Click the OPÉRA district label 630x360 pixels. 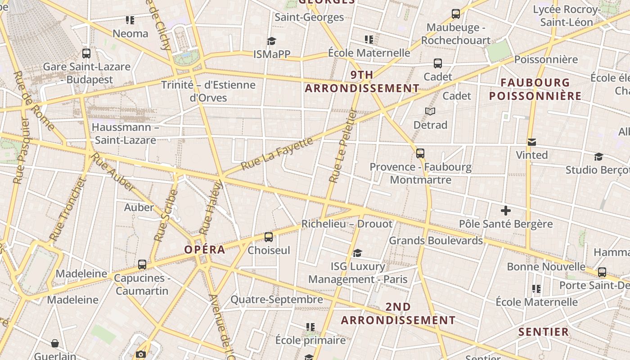coord(205,250)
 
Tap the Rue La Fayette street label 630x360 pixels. coord(276,154)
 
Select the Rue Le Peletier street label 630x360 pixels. coord(342,146)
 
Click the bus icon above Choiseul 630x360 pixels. coord(269,237)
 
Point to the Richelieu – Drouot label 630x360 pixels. coord(346,224)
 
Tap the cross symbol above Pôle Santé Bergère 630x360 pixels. coord(506,211)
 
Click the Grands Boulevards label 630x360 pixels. coord(436,240)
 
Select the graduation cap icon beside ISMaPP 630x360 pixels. coord(271,41)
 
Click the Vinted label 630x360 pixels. coord(531,155)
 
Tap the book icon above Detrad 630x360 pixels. coord(430,111)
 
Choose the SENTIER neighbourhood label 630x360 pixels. coord(544,332)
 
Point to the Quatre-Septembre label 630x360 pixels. coord(276,299)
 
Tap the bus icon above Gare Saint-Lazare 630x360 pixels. coord(86,54)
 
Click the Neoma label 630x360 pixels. coord(130,33)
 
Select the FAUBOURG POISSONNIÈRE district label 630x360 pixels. coord(535,89)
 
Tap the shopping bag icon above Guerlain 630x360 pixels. coord(55,344)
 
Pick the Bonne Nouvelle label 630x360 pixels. coord(546,266)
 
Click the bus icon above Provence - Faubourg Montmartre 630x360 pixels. coord(420,153)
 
